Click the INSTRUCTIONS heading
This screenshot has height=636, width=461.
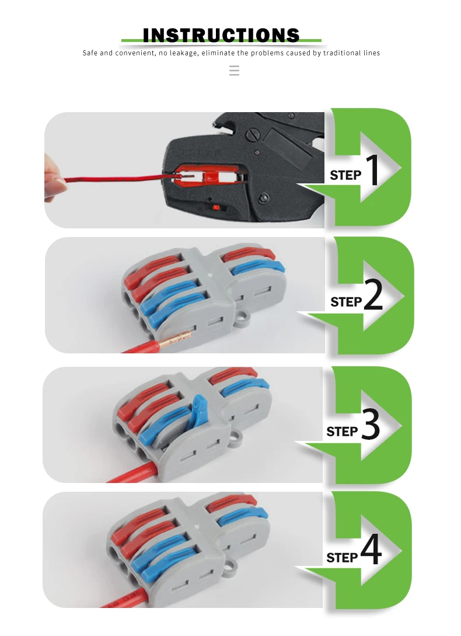221,35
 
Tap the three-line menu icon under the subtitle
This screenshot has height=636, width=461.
234,71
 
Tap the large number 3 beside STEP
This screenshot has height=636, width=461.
370,424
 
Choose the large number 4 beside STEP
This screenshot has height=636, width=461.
371,549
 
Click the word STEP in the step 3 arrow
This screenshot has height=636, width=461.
342,432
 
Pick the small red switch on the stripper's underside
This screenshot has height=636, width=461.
216,208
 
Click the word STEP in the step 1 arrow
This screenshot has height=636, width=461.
345,175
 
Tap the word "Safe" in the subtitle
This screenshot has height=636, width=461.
90,53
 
